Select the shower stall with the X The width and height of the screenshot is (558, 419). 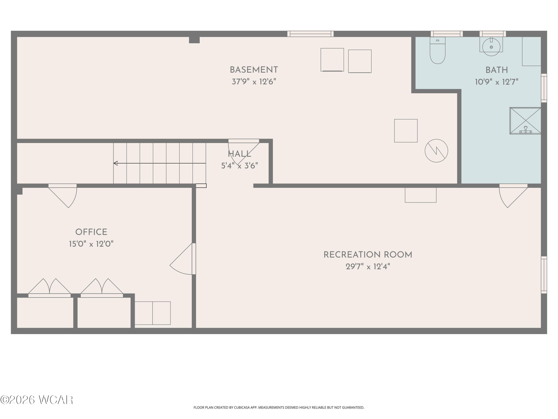pos(525,121)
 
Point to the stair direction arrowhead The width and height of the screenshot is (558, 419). pos(116,163)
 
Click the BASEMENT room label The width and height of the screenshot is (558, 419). pos(254,70)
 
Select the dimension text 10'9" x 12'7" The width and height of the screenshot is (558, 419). pos(496,82)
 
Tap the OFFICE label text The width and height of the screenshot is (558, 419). pos(91,232)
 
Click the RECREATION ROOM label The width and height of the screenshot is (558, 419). pos(368,255)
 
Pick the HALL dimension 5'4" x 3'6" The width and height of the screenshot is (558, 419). pos(239,166)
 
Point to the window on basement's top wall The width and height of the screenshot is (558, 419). pos(310,34)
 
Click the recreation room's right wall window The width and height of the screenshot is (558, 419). pos(544,275)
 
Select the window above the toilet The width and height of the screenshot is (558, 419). pos(447,34)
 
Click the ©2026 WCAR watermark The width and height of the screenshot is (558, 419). pos(37,400)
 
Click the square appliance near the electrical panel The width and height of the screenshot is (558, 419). pos(406,131)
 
